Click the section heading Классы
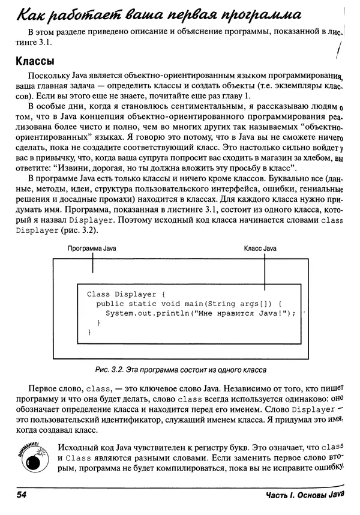pyautogui.click(x=35, y=61)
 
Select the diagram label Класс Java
pyautogui.click(x=260, y=248)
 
